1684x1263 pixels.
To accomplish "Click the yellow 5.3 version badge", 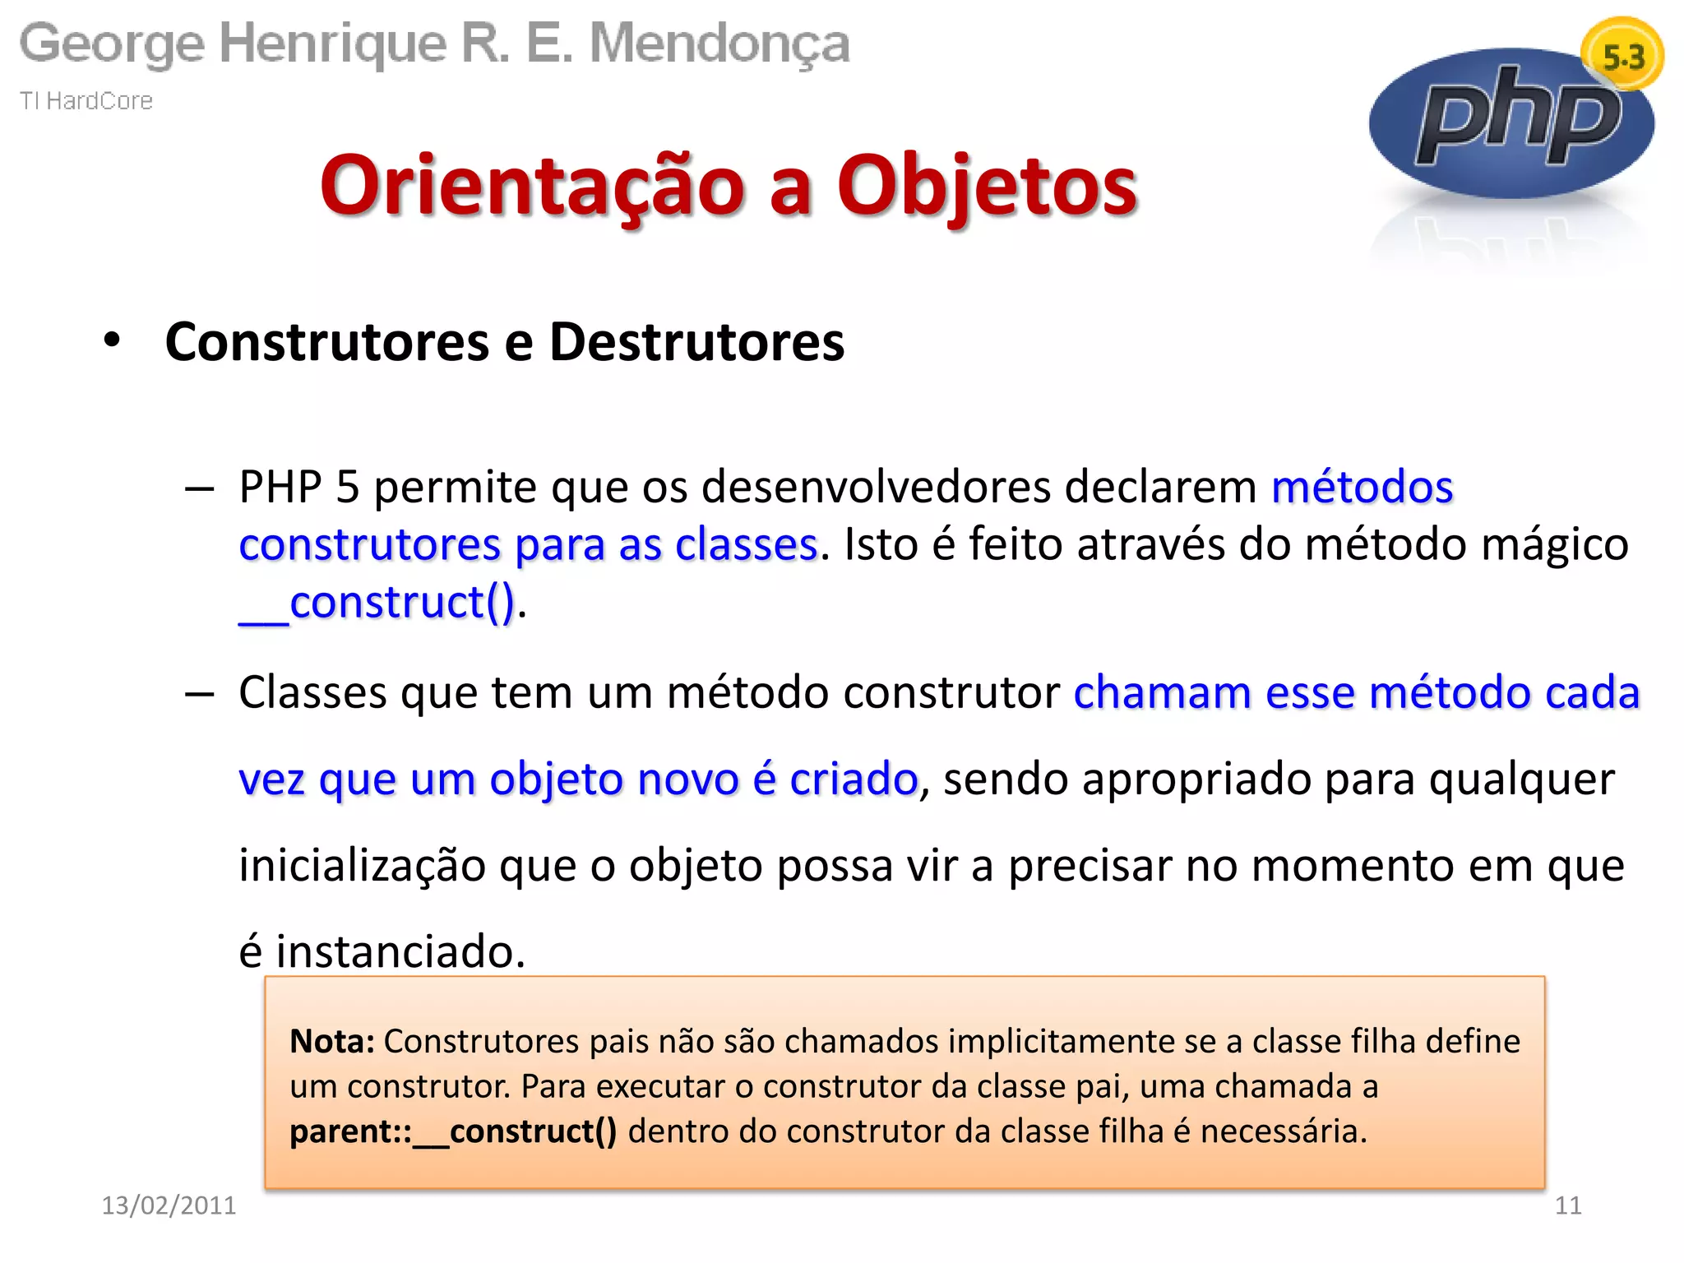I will pyautogui.click(x=1622, y=56).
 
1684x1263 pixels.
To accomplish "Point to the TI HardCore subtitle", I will pyautogui.click(x=86, y=101).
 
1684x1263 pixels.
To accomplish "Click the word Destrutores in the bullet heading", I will pyautogui.click(x=696, y=342).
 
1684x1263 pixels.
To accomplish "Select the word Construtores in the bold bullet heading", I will pyautogui.click(x=326, y=342).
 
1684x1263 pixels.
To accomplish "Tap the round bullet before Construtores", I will pyautogui.click(x=113, y=340).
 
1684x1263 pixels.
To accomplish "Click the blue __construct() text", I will pyautogui.click(x=377, y=603).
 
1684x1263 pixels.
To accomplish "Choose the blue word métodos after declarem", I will pyautogui.click(x=1362, y=487).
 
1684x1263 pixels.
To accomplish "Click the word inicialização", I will pyautogui.click(x=362, y=866).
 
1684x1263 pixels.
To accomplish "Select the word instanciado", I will pyautogui.click(x=400, y=952).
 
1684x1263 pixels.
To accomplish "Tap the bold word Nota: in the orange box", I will pyautogui.click(x=332, y=1042).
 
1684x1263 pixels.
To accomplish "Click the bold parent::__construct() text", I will pyautogui.click(x=453, y=1131).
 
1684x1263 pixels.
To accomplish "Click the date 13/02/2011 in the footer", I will pyautogui.click(x=169, y=1205).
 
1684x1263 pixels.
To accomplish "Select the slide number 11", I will pyautogui.click(x=1568, y=1205).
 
